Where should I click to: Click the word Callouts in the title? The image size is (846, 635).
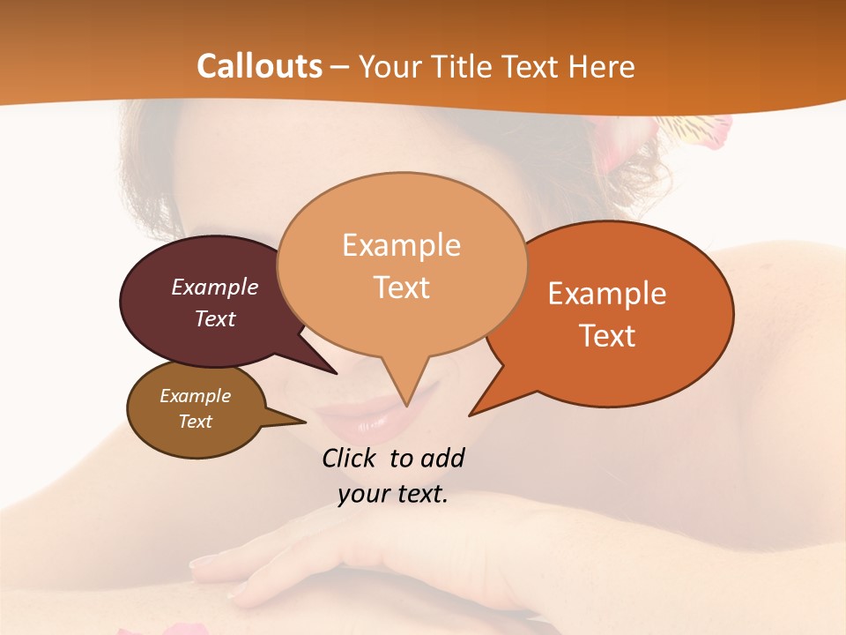click(x=259, y=66)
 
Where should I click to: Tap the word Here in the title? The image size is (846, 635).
click(x=603, y=66)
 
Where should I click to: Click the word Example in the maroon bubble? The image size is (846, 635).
click(x=215, y=288)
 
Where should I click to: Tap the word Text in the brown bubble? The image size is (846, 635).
click(x=196, y=422)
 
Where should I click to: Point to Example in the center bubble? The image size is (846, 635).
click(x=401, y=245)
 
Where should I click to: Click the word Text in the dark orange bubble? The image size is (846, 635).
click(x=607, y=336)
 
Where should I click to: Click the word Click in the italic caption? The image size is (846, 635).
click(x=349, y=458)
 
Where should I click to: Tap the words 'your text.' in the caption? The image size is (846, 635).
click(x=393, y=495)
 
